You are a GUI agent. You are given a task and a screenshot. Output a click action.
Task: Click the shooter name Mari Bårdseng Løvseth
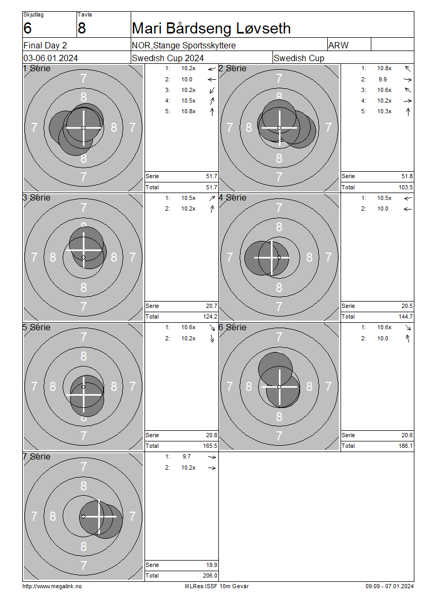click(x=211, y=28)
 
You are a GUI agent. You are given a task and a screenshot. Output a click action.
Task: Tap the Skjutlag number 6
click(x=28, y=28)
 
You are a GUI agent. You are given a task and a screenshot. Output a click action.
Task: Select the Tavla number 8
click(x=82, y=28)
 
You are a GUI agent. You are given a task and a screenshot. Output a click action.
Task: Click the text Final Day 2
click(x=45, y=45)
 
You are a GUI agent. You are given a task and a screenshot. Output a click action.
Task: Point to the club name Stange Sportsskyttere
click(x=194, y=45)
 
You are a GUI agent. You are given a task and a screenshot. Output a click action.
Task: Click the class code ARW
click(x=338, y=45)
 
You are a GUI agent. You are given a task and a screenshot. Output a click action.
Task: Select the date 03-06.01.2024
click(x=50, y=59)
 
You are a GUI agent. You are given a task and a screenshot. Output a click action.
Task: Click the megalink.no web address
click(x=52, y=586)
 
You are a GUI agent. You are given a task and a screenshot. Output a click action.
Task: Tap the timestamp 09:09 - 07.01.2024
click(x=389, y=586)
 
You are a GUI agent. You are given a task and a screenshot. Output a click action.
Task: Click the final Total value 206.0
click(x=210, y=575)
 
